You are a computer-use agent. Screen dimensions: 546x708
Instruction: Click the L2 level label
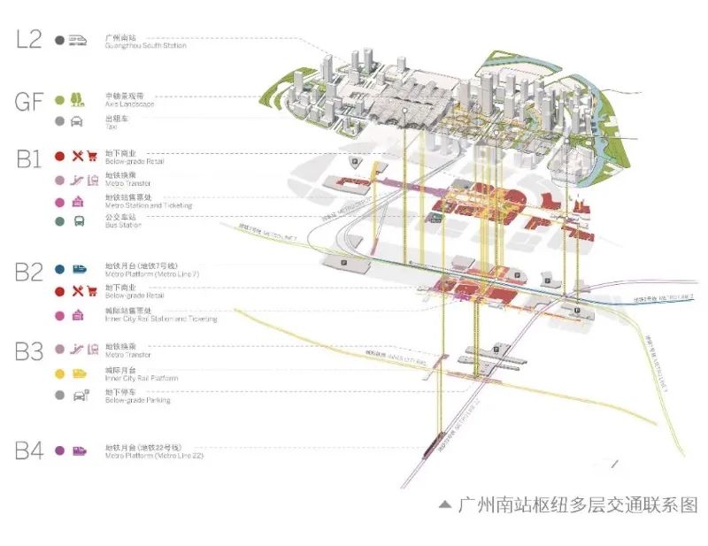(27, 40)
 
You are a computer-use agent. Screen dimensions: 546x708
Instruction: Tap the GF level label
(28, 102)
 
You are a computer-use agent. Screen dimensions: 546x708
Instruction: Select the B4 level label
(28, 450)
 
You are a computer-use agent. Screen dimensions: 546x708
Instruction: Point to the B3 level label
(28, 351)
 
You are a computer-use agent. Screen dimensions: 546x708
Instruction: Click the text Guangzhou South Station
(146, 46)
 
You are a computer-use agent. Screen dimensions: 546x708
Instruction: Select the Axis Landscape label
(130, 104)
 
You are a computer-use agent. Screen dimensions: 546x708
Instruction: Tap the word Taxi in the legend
(111, 127)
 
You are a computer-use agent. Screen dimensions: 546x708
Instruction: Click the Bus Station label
(124, 226)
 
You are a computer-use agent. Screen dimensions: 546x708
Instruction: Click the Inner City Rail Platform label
(142, 379)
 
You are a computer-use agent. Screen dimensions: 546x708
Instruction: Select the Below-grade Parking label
(138, 401)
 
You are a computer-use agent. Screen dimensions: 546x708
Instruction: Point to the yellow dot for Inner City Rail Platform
(59, 374)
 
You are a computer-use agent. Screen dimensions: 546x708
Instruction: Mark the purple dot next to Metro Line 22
(59, 450)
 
